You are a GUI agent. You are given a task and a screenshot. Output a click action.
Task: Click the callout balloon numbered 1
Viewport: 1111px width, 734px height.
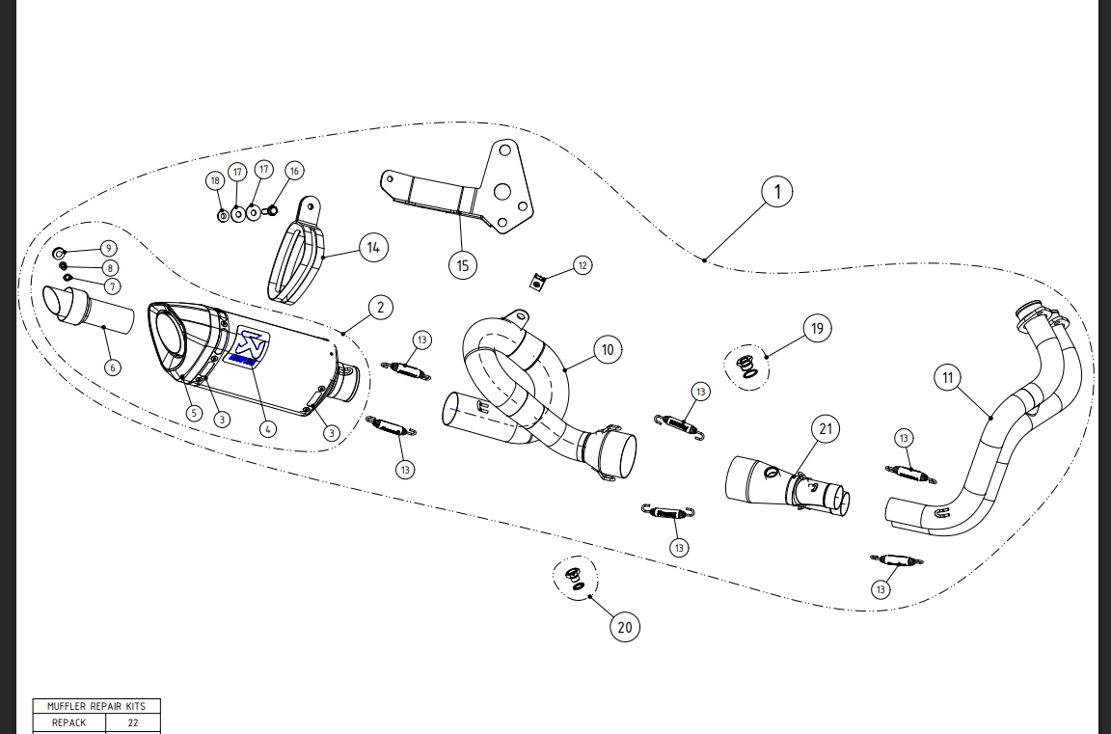click(777, 192)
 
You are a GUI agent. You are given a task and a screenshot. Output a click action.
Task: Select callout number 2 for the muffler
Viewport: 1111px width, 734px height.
click(380, 308)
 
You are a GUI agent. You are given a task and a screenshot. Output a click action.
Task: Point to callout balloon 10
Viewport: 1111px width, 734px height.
click(607, 350)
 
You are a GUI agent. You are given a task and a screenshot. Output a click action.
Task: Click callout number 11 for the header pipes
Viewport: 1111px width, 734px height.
click(948, 378)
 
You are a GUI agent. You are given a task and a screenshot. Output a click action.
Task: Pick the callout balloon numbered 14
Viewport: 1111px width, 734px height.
click(373, 248)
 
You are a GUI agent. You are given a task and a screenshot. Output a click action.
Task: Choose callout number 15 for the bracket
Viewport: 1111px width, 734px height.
click(464, 265)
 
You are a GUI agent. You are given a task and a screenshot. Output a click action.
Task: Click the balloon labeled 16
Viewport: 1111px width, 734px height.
click(294, 171)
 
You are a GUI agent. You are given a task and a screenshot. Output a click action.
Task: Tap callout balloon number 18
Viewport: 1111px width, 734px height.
click(214, 180)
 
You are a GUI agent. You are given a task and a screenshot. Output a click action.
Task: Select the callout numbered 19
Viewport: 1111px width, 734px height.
click(818, 328)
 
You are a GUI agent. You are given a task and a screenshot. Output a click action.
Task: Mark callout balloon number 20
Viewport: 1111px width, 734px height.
click(625, 628)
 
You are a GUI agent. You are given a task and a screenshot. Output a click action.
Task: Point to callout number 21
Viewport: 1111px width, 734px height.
click(826, 428)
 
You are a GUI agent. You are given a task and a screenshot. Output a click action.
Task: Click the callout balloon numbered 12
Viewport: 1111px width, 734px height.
click(582, 264)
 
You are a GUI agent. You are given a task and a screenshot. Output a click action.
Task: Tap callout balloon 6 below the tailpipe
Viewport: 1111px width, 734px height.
click(112, 367)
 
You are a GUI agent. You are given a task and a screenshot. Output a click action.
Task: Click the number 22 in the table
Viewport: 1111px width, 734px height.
click(133, 721)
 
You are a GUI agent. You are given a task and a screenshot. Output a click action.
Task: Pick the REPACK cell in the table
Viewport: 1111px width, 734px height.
click(69, 721)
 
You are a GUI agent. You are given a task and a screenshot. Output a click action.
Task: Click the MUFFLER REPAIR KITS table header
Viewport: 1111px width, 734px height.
click(96, 706)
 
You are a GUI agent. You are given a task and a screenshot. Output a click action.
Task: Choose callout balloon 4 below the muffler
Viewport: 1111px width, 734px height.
click(268, 429)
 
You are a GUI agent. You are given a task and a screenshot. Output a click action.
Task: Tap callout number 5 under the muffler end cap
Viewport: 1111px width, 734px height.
click(194, 413)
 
